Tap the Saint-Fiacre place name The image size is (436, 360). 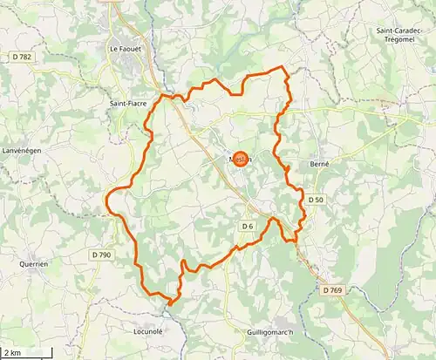point(128,103)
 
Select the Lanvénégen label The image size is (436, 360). point(22,150)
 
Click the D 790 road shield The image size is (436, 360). point(101,255)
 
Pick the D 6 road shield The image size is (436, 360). point(247,227)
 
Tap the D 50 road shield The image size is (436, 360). point(316,200)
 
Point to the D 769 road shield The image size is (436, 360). point(331,289)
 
